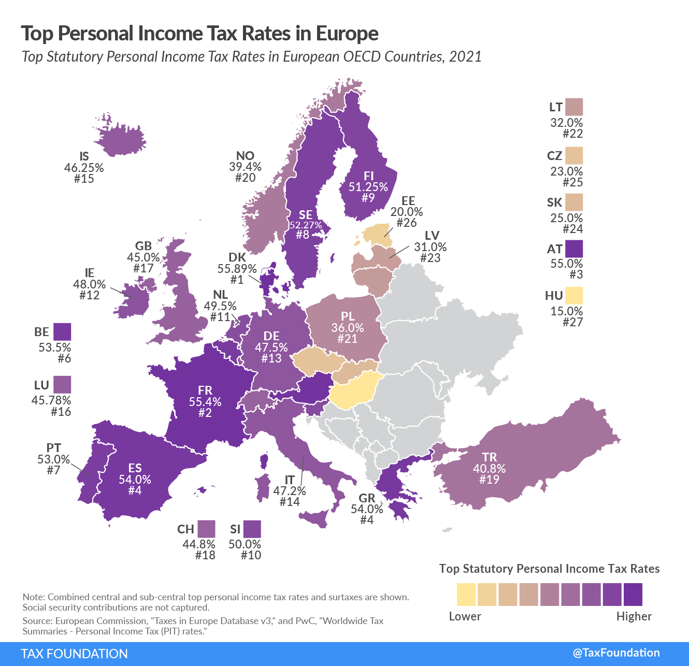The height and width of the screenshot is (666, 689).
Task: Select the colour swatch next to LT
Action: [574, 107]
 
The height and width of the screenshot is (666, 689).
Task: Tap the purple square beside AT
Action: [574, 249]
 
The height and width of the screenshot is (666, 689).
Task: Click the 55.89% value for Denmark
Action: [237, 269]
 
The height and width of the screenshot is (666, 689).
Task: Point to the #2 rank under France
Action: [205, 413]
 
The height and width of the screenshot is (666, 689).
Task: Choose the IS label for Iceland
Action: [84, 156]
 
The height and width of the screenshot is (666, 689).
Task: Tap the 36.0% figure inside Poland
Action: [348, 328]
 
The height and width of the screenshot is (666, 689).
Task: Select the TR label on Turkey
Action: [489, 457]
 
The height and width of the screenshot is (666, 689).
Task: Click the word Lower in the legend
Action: [465, 616]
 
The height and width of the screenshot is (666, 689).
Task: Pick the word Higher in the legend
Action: [634, 616]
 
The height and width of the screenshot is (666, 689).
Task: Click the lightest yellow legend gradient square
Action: [466, 595]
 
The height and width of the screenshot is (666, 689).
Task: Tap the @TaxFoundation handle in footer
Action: [616, 653]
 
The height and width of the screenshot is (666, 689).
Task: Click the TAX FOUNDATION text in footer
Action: [75, 654]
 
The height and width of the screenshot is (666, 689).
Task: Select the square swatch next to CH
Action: [206, 529]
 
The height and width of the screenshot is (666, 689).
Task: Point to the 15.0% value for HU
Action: [566, 311]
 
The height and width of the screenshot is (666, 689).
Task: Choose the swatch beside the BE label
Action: [62, 331]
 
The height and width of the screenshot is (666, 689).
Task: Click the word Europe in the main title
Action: [347, 34]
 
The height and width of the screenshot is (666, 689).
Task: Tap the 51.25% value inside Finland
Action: [368, 187]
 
